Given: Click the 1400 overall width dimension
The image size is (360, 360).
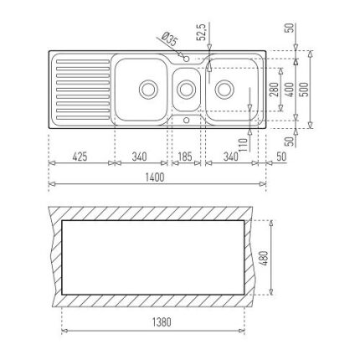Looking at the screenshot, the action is pyautogui.click(x=155, y=177).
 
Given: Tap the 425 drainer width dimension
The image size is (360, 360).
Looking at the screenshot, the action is pyautogui.click(x=80, y=157).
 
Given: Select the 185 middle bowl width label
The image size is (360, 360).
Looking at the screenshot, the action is pyautogui.click(x=185, y=157).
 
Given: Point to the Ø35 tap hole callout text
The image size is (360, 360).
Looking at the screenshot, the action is pyautogui.click(x=169, y=39).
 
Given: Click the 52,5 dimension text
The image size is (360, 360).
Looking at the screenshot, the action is pyautogui.click(x=202, y=33).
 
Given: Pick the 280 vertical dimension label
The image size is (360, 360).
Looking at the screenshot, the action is pyautogui.click(x=274, y=90).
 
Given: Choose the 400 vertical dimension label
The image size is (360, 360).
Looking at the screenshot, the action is pyautogui.click(x=290, y=90).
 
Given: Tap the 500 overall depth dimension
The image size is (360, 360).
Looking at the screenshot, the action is pyautogui.click(x=305, y=90).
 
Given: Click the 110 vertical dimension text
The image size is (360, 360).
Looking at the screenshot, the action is pyautogui.click(x=243, y=145).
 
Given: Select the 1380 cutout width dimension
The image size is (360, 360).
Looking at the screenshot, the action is pyautogui.click(x=162, y=322).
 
